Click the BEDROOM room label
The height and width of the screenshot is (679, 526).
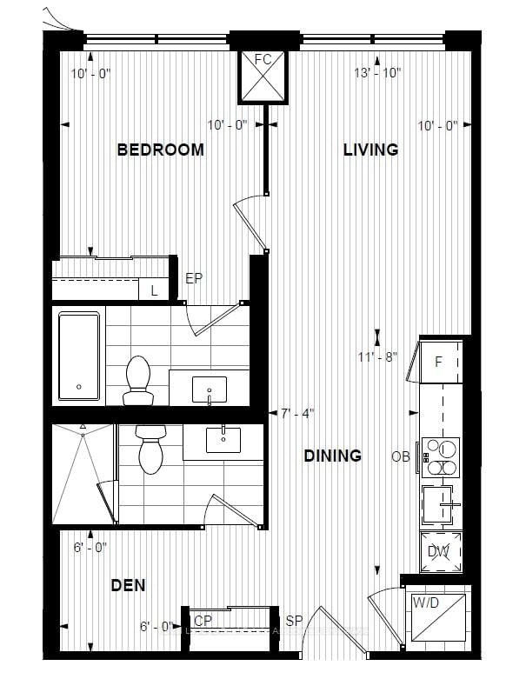pos(161,150)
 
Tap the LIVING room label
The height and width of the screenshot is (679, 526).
pos(370,150)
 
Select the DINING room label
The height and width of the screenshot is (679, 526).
pos(332,456)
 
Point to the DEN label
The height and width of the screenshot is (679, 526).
pos(128,584)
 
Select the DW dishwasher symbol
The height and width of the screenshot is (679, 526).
pos(440,549)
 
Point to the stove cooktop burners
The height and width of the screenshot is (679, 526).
pos(441,457)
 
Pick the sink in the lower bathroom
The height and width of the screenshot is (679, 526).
pos(223,439)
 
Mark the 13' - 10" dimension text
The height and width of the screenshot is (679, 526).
pos(376,73)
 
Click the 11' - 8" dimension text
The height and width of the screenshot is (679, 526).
pos(376,356)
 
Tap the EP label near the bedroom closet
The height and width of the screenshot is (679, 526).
pos(194,279)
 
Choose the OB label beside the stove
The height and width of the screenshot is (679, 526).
pos(400,456)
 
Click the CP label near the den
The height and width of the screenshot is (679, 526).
pos(203,621)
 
